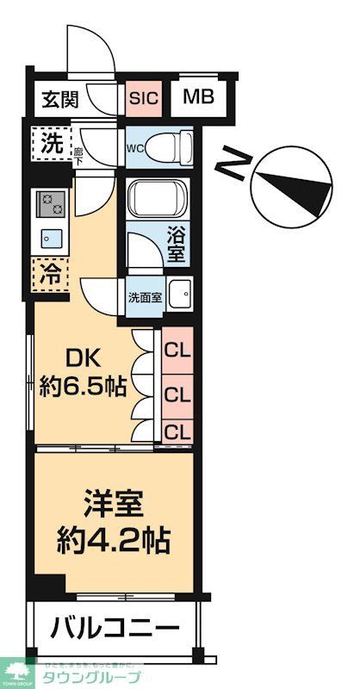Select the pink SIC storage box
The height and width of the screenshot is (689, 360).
tap(143, 97)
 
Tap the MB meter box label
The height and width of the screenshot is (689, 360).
tap(198, 96)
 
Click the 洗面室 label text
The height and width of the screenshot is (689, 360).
tap(144, 299)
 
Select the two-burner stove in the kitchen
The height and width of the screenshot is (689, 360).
tap(51, 204)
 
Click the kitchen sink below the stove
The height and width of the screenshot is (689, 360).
tap(48, 237)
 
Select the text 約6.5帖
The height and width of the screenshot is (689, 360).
tap(83, 387)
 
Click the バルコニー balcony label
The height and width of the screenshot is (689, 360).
tap(113, 626)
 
